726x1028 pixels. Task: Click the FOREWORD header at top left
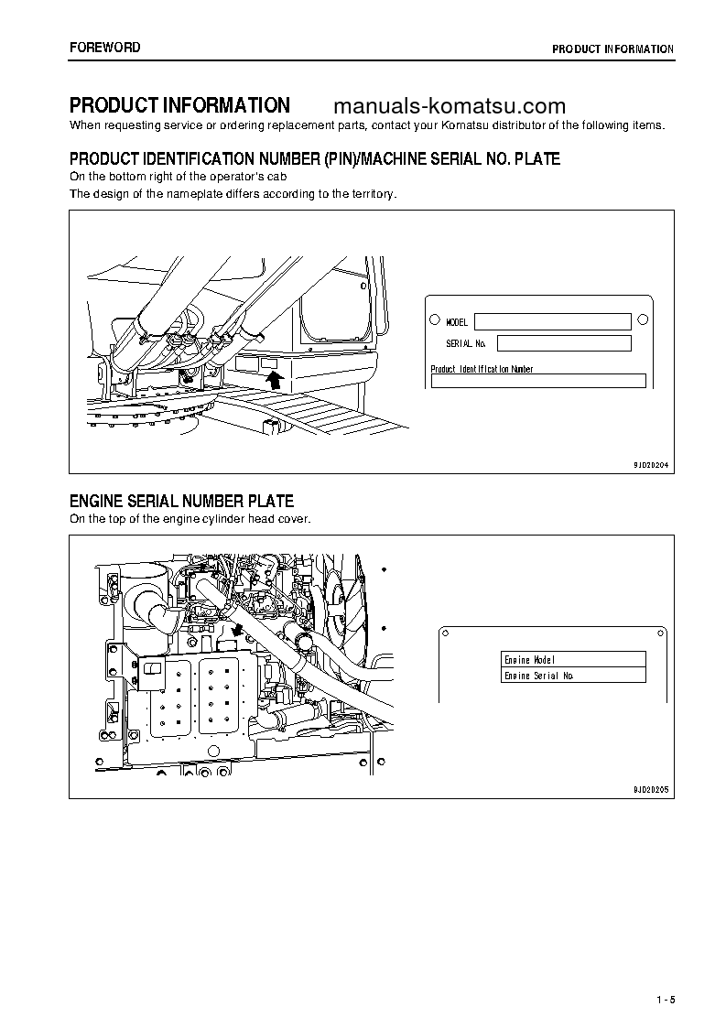click(x=105, y=48)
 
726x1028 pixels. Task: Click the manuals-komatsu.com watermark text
click(x=452, y=106)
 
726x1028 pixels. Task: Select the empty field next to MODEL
click(x=552, y=321)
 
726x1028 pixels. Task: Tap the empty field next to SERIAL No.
click(x=563, y=343)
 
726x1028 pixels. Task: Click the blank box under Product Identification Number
click(x=538, y=382)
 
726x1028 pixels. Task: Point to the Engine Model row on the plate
click(x=573, y=659)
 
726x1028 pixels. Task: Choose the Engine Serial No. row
click(x=573, y=676)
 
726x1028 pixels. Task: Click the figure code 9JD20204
click(x=651, y=465)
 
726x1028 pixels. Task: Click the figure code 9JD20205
click(x=651, y=788)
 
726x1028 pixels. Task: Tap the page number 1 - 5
click(x=665, y=999)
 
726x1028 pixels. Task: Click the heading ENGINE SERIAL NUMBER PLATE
click(x=181, y=501)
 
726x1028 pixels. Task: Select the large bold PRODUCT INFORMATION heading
click(x=179, y=105)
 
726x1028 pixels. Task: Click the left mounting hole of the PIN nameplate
click(x=434, y=320)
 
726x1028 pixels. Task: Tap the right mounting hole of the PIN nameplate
click(x=643, y=319)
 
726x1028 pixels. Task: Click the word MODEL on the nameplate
click(x=457, y=322)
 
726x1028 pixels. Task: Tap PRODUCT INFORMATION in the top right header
click(x=612, y=49)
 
